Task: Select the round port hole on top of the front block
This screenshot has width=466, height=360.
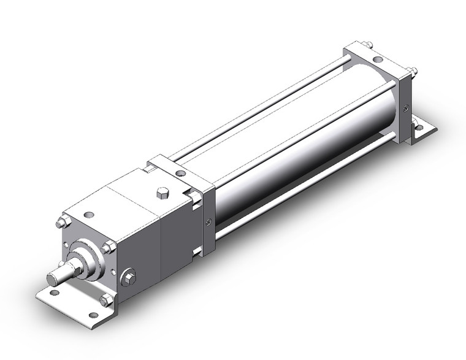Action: pyautogui.click(x=91, y=215)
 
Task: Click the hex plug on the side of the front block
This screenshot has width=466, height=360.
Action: pyautogui.click(x=129, y=278)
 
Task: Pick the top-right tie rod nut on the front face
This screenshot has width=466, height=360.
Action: pyautogui.click(x=109, y=247)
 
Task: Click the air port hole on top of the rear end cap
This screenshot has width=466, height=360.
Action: pyautogui.click(x=378, y=60)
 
